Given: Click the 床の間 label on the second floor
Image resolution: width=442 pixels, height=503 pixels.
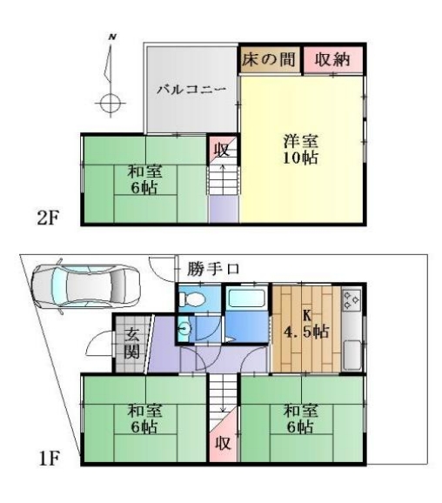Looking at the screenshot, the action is (x=268, y=59).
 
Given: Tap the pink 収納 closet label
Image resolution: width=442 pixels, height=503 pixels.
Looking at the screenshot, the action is (x=332, y=59).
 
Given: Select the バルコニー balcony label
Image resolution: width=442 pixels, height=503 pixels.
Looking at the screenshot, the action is (x=191, y=89).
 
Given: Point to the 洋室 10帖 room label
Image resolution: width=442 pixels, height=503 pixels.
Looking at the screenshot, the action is (x=300, y=150).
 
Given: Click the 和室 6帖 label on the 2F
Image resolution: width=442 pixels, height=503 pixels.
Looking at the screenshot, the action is (x=145, y=179).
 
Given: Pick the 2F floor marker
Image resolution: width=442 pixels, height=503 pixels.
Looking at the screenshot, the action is (x=48, y=218).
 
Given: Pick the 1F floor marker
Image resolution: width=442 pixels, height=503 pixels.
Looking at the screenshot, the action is (x=49, y=458).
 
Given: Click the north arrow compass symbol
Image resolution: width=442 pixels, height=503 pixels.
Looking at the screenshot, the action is (x=110, y=76).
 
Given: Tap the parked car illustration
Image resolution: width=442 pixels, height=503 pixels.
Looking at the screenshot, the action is (x=85, y=286).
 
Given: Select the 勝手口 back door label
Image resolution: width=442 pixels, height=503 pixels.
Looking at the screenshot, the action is (x=213, y=269).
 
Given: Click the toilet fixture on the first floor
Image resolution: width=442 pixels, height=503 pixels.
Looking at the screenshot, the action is (x=191, y=299).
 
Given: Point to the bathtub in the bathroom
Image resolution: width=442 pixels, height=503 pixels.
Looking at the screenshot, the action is (x=246, y=298).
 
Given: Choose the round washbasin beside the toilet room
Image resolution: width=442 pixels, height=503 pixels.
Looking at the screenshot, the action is (x=184, y=328).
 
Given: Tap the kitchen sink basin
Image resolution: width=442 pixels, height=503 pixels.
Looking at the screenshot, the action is (x=352, y=355).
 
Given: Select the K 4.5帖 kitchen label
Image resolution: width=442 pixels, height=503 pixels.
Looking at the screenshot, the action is (x=306, y=324).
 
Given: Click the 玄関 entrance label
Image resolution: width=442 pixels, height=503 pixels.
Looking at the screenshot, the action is (x=132, y=343).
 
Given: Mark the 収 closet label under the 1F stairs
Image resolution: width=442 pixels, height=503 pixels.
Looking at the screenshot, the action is (x=223, y=443).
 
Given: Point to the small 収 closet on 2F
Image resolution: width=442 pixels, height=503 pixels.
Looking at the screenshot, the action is (x=222, y=150).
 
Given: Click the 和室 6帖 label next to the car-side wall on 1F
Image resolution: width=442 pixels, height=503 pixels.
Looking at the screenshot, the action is (x=145, y=419).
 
